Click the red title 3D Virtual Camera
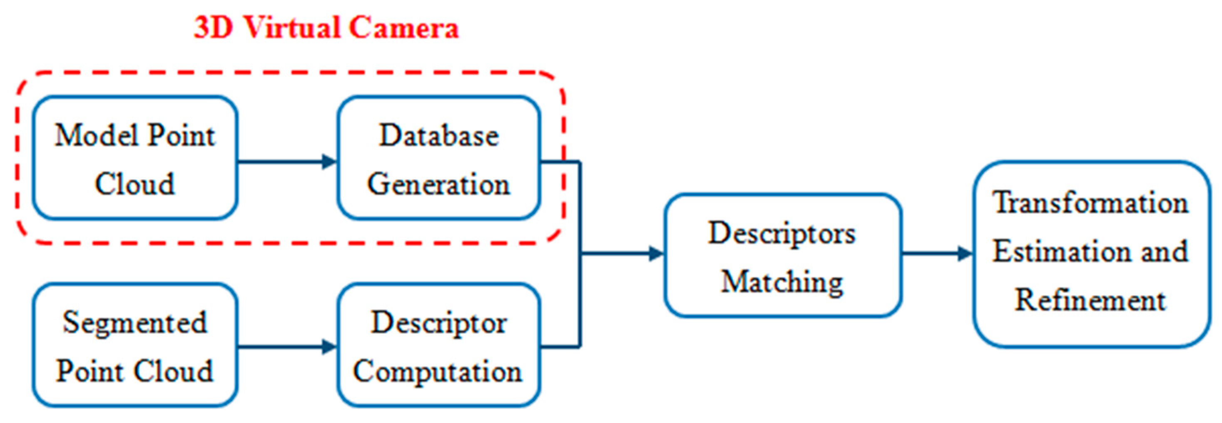coord(326,28)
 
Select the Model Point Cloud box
coord(135,158)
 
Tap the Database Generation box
coord(439,158)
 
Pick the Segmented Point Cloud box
coord(135,345)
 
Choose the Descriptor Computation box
coord(439,345)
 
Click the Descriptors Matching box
coord(782,255)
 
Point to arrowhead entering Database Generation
coord(329,161)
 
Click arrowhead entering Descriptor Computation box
coord(329,347)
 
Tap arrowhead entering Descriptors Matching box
coord(656,253)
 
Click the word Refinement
coord(1090,300)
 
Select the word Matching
coord(782,282)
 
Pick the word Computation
coord(437,371)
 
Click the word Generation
coord(439,184)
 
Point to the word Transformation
coord(1090,203)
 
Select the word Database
coord(439,136)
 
